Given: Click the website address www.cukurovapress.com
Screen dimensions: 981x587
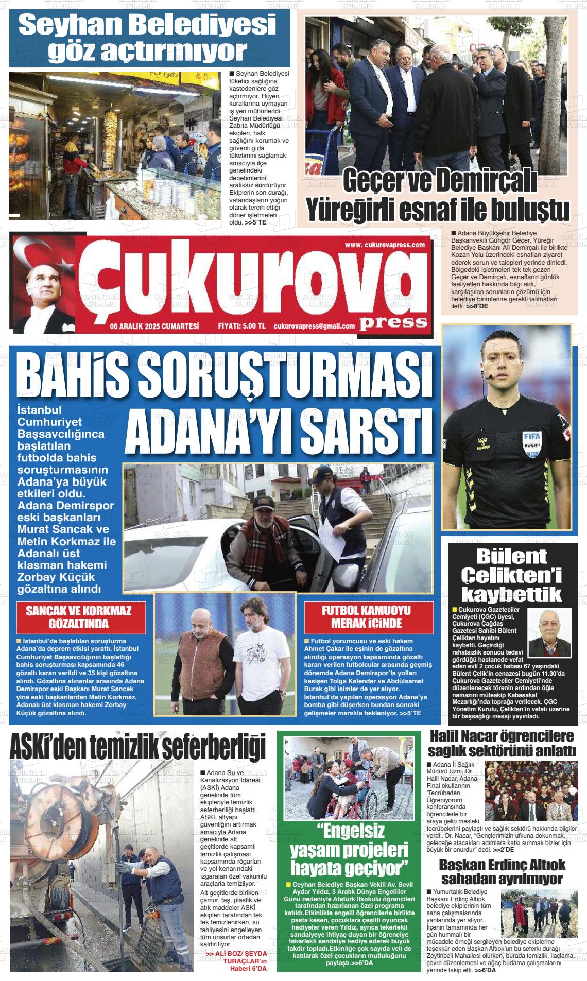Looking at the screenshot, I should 385,245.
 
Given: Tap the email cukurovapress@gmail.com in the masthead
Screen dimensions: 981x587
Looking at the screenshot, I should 314,326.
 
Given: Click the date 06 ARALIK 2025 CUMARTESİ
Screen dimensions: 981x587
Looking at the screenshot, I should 154,326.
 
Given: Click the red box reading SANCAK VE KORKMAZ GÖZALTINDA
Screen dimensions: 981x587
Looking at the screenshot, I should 79,617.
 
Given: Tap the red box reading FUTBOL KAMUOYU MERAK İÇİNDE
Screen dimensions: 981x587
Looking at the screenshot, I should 366,617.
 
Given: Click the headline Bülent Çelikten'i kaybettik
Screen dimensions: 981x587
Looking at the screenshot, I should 511,576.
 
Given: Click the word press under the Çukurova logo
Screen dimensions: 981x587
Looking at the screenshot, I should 393,322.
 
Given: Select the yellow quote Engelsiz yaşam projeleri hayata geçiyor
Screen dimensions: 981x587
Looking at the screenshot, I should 349,849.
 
